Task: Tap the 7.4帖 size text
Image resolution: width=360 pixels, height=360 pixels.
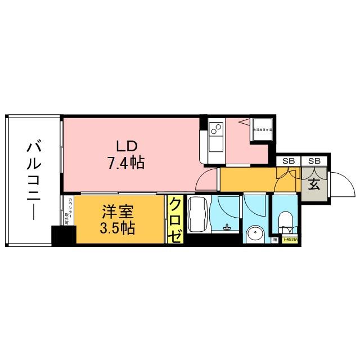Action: [x=125, y=163]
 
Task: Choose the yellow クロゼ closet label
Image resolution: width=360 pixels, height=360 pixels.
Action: [x=175, y=220]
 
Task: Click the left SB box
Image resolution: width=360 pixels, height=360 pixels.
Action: [x=289, y=161]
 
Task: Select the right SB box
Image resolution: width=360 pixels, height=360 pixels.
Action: [x=314, y=161]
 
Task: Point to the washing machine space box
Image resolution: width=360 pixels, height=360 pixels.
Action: [x=262, y=130]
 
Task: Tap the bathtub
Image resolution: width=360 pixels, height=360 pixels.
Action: [x=197, y=215]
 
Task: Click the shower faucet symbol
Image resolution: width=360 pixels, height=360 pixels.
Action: [x=226, y=227]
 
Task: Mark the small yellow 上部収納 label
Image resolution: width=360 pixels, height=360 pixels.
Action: [x=290, y=240]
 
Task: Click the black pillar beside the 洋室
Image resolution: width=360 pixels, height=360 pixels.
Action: [x=62, y=235]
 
